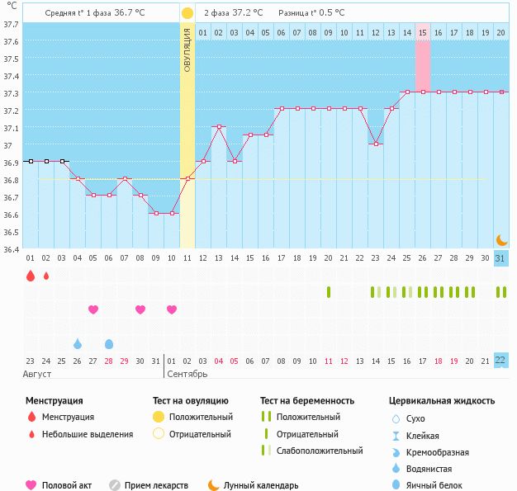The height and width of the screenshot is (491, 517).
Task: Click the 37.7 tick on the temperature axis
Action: point(10,24)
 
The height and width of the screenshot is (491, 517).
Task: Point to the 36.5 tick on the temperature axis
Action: point(10,232)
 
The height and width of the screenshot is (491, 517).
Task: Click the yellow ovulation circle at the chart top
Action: point(187,13)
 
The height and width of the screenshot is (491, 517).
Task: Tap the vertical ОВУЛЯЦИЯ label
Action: point(187,50)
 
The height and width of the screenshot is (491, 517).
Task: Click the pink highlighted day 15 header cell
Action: point(422,32)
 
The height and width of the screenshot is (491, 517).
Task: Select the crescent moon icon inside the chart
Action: point(501,239)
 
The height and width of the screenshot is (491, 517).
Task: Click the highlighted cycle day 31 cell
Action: point(500,258)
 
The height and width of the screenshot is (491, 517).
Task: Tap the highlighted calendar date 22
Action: point(500,360)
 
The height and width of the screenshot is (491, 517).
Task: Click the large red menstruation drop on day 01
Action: point(31,276)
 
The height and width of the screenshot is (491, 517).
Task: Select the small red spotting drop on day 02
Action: point(46,276)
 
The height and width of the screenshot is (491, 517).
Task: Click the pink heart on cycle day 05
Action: point(93,309)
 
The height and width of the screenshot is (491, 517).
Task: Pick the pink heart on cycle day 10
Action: point(172,309)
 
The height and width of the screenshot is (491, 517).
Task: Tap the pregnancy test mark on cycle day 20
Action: point(328,292)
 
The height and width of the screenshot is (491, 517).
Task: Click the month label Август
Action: point(38,375)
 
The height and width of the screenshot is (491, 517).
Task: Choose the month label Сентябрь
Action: point(187,375)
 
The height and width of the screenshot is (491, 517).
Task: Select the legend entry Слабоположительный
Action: point(320,451)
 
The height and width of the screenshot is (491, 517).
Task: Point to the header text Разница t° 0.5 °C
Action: point(311,13)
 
